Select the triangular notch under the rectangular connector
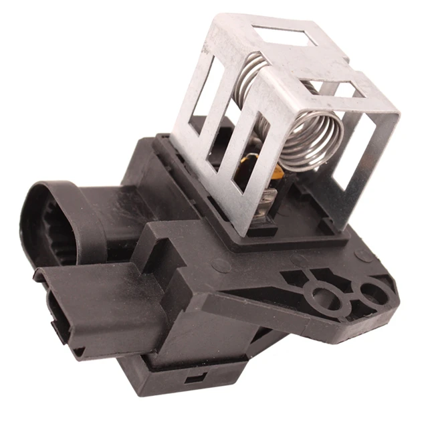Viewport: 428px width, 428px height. click(78, 352)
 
